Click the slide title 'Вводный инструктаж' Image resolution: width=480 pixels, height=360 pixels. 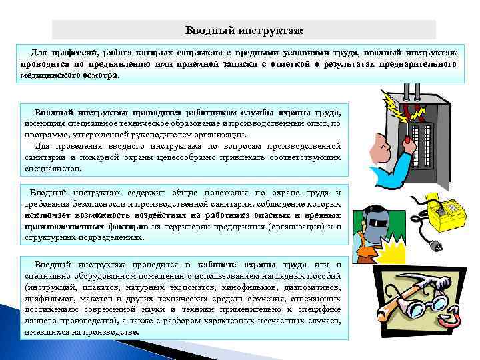point(243,30)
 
